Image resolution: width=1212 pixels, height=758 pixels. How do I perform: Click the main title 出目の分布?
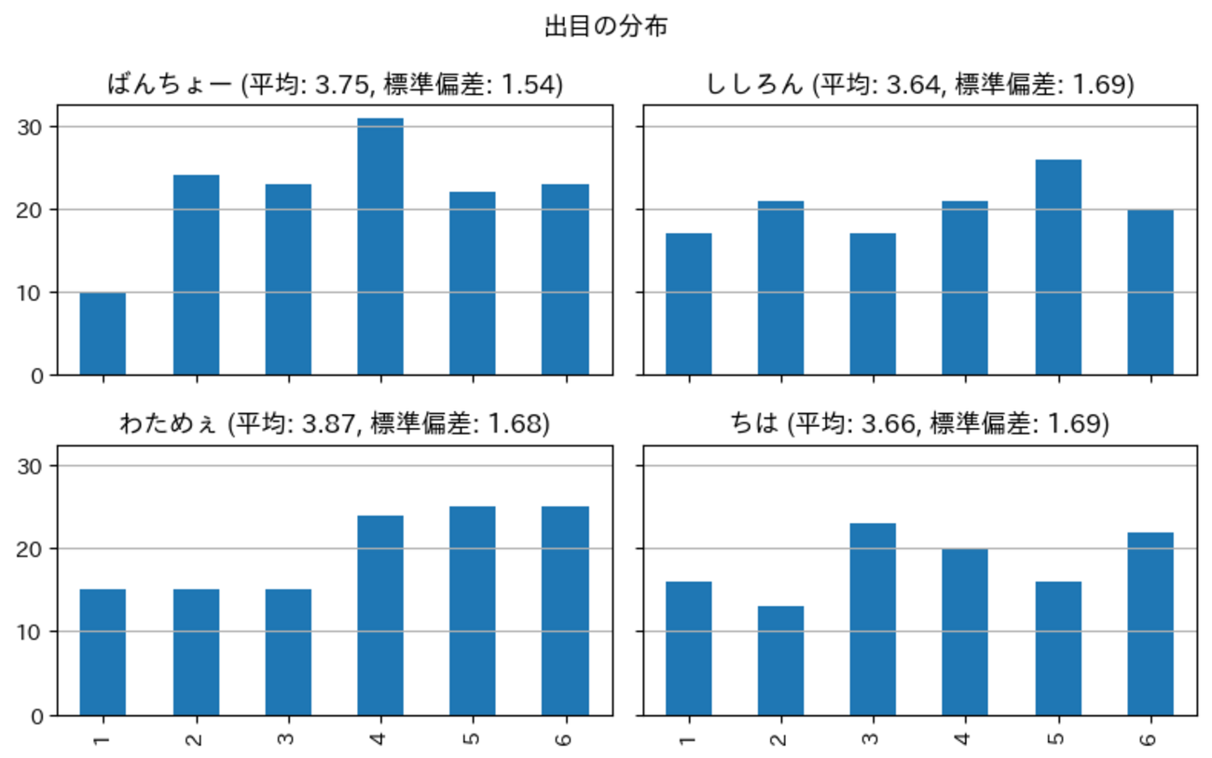pyautogui.click(x=606, y=28)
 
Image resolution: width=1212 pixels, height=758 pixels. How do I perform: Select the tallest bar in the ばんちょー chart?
pyautogui.click(x=379, y=246)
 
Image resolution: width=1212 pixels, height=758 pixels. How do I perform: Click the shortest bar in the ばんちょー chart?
pyautogui.click(x=103, y=333)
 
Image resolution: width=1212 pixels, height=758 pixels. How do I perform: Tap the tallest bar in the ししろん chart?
pyautogui.click(x=1058, y=267)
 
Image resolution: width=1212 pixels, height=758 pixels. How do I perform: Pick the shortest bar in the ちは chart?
pyautogui.click(x=780, y=660)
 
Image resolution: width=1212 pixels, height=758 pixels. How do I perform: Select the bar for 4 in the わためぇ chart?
pyautogui.click(x=379, y=614)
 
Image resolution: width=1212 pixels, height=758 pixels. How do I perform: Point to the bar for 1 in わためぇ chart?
pyautogui.click(x=103, y=652)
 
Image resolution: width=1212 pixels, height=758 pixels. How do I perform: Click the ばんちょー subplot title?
pyautogui.click(x=335, y=85)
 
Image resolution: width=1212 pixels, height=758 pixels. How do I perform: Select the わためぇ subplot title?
pyautogui.click(x=335, y=424)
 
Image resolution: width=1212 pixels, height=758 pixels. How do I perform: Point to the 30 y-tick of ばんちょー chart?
pyautogui.click(x=35, y=127)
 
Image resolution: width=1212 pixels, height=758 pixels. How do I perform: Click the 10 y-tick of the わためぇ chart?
pyautogui.click(x=35, y=632)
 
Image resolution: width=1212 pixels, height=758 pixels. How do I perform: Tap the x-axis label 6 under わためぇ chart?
pyautogui.click(x=564, y=738)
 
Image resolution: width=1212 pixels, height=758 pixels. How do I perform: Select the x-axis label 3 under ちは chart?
pyautogui.click(x=873, y=738)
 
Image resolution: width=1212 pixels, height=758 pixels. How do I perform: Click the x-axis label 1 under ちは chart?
pyautogui.click(x=688, y=738)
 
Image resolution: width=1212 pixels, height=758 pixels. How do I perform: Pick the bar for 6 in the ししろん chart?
pyautogui.click(x=1150, y=292)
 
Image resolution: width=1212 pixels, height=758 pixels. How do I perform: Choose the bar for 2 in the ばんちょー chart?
pyautogui.click(x=196, y=275)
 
